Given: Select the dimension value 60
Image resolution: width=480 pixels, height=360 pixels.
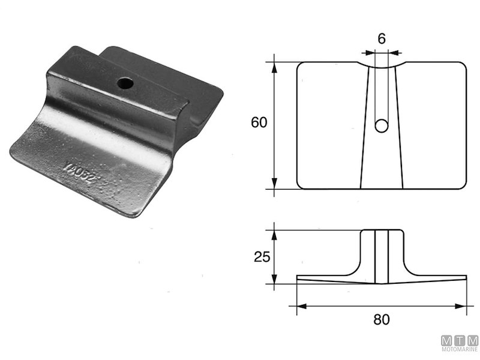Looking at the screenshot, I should coord(259,123).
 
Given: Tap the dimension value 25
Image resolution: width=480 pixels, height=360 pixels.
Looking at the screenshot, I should coord(259,257).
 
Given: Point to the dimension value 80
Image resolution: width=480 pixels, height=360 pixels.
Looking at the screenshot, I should coord(381,319).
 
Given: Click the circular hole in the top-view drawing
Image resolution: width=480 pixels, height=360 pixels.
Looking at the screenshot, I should coord(381,125).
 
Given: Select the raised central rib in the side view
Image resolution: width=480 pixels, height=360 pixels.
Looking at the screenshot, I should coord(381,255).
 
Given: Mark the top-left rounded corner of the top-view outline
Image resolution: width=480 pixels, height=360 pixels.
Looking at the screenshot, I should coord(301,65).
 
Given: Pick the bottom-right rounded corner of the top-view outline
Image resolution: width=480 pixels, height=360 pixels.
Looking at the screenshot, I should coord(462,185).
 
